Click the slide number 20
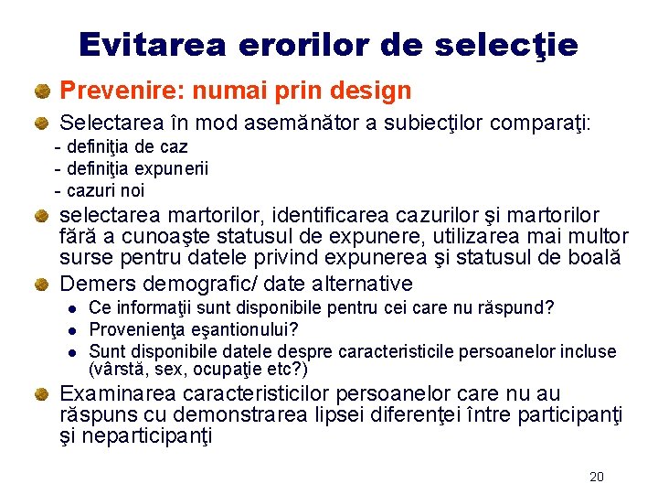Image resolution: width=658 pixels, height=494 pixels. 597,477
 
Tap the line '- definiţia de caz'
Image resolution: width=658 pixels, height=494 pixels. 122,146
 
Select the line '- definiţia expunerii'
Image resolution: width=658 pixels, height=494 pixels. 132,168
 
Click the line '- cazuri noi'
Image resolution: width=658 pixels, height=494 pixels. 100,190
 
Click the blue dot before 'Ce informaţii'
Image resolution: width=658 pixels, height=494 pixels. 71,308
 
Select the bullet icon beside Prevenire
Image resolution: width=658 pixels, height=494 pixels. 41,91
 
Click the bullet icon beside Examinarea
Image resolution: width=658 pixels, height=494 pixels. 41,395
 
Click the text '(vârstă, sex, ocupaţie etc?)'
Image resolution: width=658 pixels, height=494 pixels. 198,370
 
